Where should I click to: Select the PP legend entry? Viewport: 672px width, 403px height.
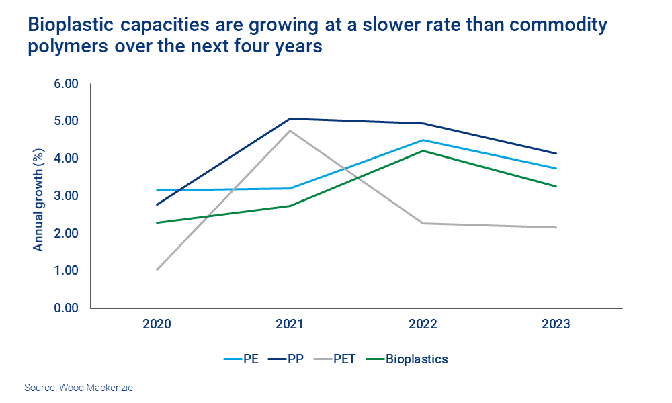(x=286, y=359)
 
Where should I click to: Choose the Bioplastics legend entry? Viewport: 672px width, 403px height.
(x=407, y=359)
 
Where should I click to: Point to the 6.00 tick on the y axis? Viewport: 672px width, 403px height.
(x=67, y=84)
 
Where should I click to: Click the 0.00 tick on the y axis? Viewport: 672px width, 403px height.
(x=67, y=308)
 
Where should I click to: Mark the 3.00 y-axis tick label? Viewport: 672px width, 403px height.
(x=67, y=196)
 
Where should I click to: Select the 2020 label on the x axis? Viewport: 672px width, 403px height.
(x=157, y=324)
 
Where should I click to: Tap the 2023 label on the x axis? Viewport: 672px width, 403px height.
(x=556, y=324)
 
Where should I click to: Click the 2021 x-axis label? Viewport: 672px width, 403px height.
(x=290, y=324)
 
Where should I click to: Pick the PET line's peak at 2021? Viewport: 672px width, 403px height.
(x=290, y=130)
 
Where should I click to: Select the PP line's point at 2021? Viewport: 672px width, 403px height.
(x=290, y=119)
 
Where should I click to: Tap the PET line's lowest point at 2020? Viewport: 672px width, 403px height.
(x=157, y=269)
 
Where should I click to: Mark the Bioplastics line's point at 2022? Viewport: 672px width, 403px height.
(x=423, y=150)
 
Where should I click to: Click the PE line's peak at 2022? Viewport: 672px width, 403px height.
(x=423, y=140)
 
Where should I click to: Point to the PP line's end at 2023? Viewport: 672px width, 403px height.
(x=556, y=154)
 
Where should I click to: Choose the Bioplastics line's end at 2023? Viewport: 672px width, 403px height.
(x=556, y=186)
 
